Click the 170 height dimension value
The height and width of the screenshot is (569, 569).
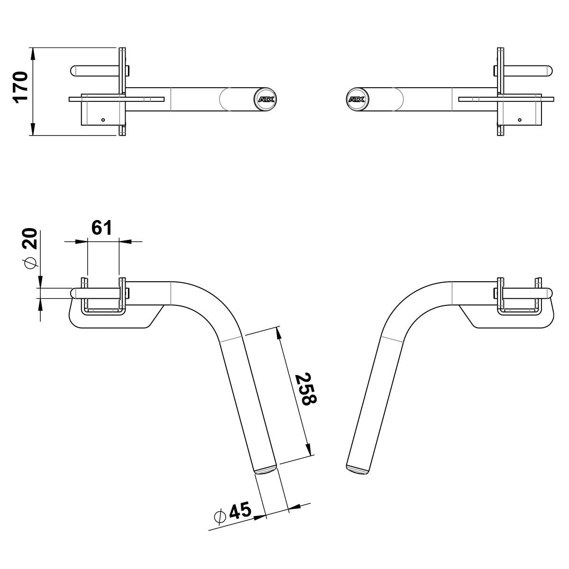point(21,87)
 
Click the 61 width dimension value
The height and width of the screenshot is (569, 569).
point(102,228)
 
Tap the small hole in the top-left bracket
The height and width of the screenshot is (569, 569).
point(103,120)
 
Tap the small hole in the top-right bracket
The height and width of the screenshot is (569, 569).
point(520,120)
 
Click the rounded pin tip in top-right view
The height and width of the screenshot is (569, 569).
point(550,71)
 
